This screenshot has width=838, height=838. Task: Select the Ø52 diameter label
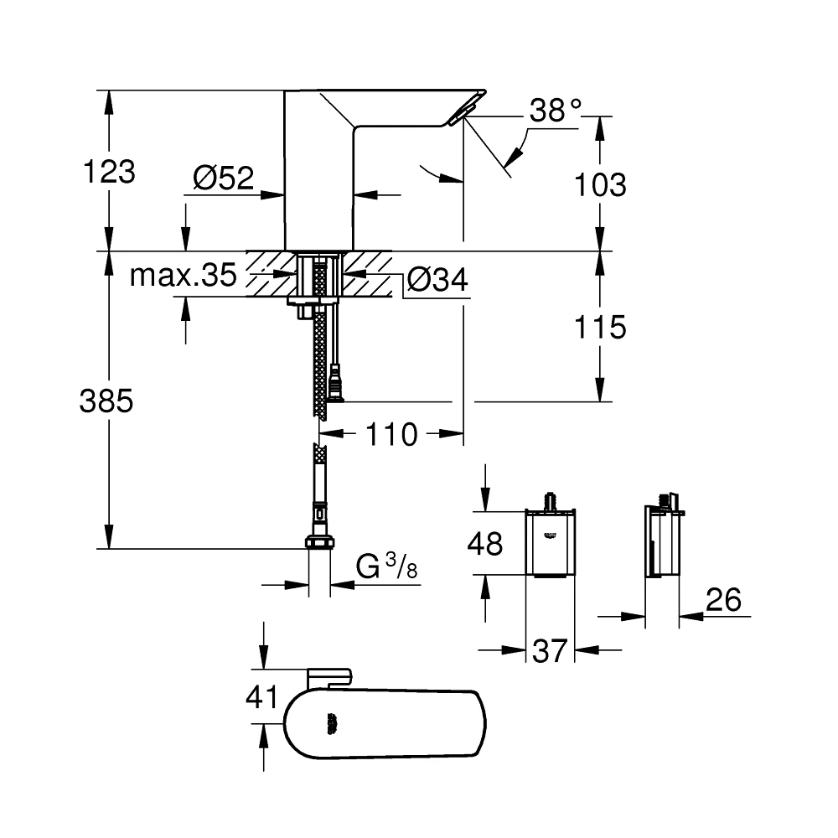[223, 177]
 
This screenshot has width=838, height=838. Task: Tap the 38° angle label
[555, 111]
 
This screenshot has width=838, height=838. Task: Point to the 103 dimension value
[601, 184]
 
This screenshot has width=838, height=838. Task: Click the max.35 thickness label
[183, 276]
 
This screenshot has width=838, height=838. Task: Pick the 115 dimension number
[601, 327]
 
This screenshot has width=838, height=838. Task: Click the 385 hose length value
[106, 401]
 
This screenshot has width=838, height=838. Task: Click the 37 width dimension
[550, 649]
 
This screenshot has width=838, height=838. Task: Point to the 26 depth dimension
[723, 599]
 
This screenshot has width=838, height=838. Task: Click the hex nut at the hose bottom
[318, 542]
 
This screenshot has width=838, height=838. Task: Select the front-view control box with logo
[550, 545]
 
